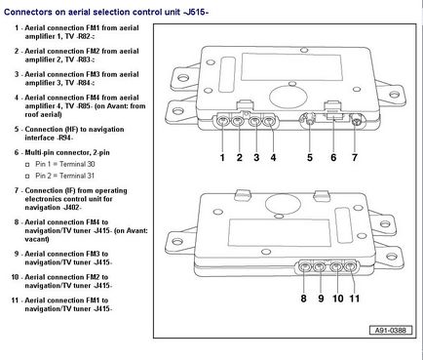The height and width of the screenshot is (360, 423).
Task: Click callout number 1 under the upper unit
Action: click(222, 158)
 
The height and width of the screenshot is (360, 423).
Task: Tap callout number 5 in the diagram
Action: click(310, 158)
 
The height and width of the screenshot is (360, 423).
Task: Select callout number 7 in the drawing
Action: click(355, 158)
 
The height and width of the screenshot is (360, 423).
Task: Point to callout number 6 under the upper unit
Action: click(333, 158)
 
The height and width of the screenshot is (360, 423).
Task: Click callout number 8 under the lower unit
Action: click(303, 299)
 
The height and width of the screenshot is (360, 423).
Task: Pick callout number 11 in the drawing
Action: click(355, 299)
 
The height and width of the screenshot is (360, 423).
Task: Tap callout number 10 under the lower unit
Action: click(338, 299)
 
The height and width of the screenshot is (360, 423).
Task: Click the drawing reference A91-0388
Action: click(391, 331)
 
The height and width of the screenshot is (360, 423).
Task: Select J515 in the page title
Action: click(196, 12)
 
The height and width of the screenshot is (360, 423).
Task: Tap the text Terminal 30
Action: click(77, 164)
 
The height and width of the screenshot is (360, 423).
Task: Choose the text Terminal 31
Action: click(77, 176)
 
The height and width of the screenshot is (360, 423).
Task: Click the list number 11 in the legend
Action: click(15, 300)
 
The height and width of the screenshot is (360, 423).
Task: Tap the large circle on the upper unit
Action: click(288, 97)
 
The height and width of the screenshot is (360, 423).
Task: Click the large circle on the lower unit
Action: click(283, 204)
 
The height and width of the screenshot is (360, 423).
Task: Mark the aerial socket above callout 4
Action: click(269, 122)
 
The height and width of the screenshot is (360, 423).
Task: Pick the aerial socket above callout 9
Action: click(319, 267)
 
